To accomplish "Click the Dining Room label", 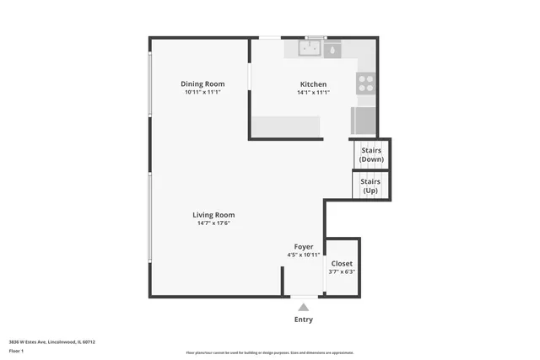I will [202, 83].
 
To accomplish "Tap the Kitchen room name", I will [313, 84].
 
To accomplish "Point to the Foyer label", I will [303, 246].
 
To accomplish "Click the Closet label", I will [342, 263].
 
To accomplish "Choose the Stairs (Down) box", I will [370, 155].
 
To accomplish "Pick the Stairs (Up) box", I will [370, 185].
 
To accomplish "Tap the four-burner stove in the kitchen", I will [366, 83].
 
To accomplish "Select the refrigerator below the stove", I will [365, 121].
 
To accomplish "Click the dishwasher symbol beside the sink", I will [332, 50].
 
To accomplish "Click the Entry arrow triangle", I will [303, 308].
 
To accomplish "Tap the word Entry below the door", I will [303, 320].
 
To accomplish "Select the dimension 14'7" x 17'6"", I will [213, 223].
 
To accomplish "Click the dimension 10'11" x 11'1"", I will [202, 93].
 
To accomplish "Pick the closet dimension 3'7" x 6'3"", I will [342, 271].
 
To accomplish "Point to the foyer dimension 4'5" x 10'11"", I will [303, 255].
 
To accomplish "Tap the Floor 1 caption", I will [16, 350].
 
